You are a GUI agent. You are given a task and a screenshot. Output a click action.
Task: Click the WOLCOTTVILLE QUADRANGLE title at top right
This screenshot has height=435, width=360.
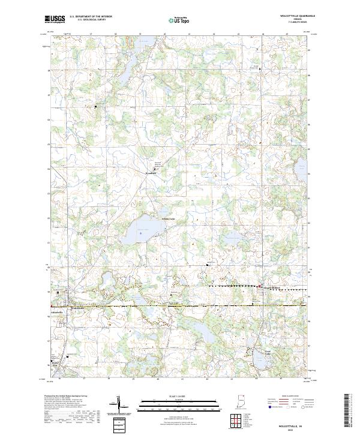click(298, 15)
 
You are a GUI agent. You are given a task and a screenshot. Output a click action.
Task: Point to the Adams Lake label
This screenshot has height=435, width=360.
click(168, 219)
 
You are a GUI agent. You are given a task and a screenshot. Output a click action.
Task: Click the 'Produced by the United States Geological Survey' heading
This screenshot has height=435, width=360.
click(67, 397)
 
